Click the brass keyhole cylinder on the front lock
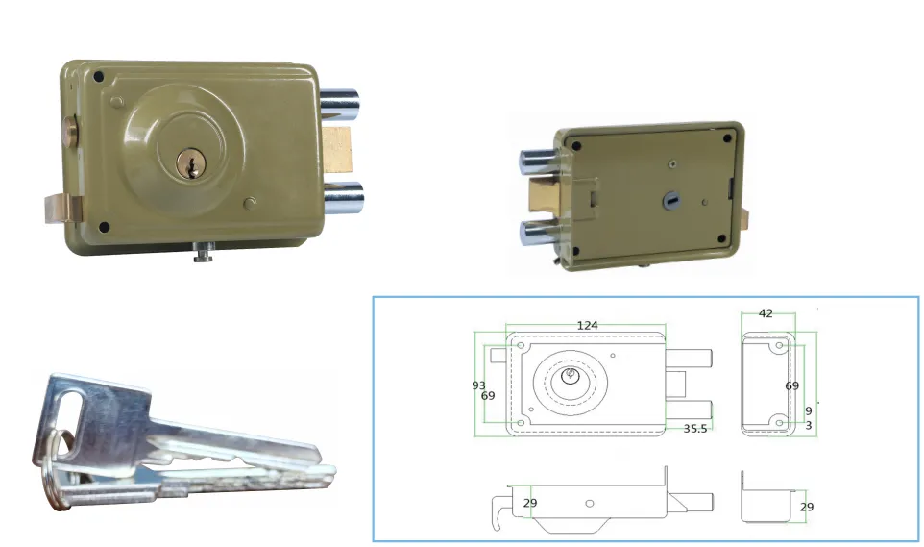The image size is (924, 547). coord(191,163)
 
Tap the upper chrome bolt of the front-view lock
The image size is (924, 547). coord(340,103)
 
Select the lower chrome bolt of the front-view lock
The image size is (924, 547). coord(343,197)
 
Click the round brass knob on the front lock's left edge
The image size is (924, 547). coord(71,132)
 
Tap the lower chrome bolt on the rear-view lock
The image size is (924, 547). coord(539,233)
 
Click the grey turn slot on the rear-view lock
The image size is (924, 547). coord(671,200)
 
